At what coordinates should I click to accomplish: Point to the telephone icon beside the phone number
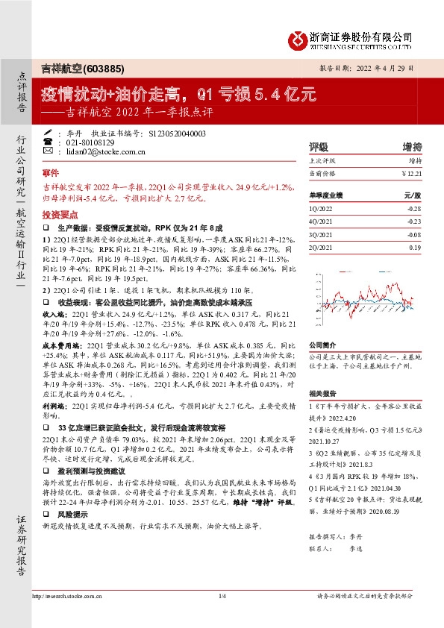pyautogui.click(x=48, y=142)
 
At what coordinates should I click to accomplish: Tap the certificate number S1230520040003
pyautogui.click(x=177, y=132)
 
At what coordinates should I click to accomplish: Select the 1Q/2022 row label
pyautogui.click(x=322, y=210)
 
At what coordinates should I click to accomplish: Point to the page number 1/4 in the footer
pyautogui.click(x=222, y=616)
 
